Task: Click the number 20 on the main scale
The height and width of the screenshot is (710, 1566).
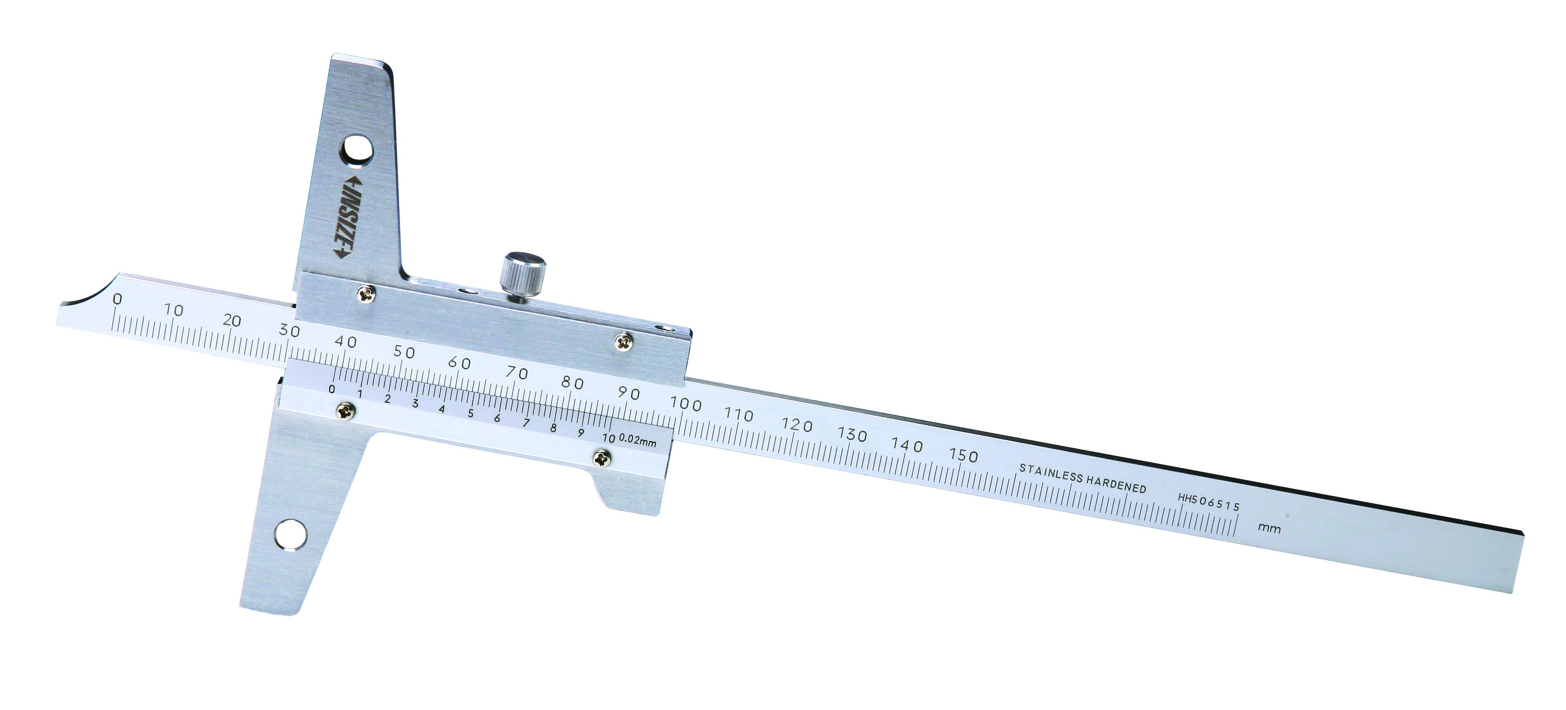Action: point(232,320)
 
